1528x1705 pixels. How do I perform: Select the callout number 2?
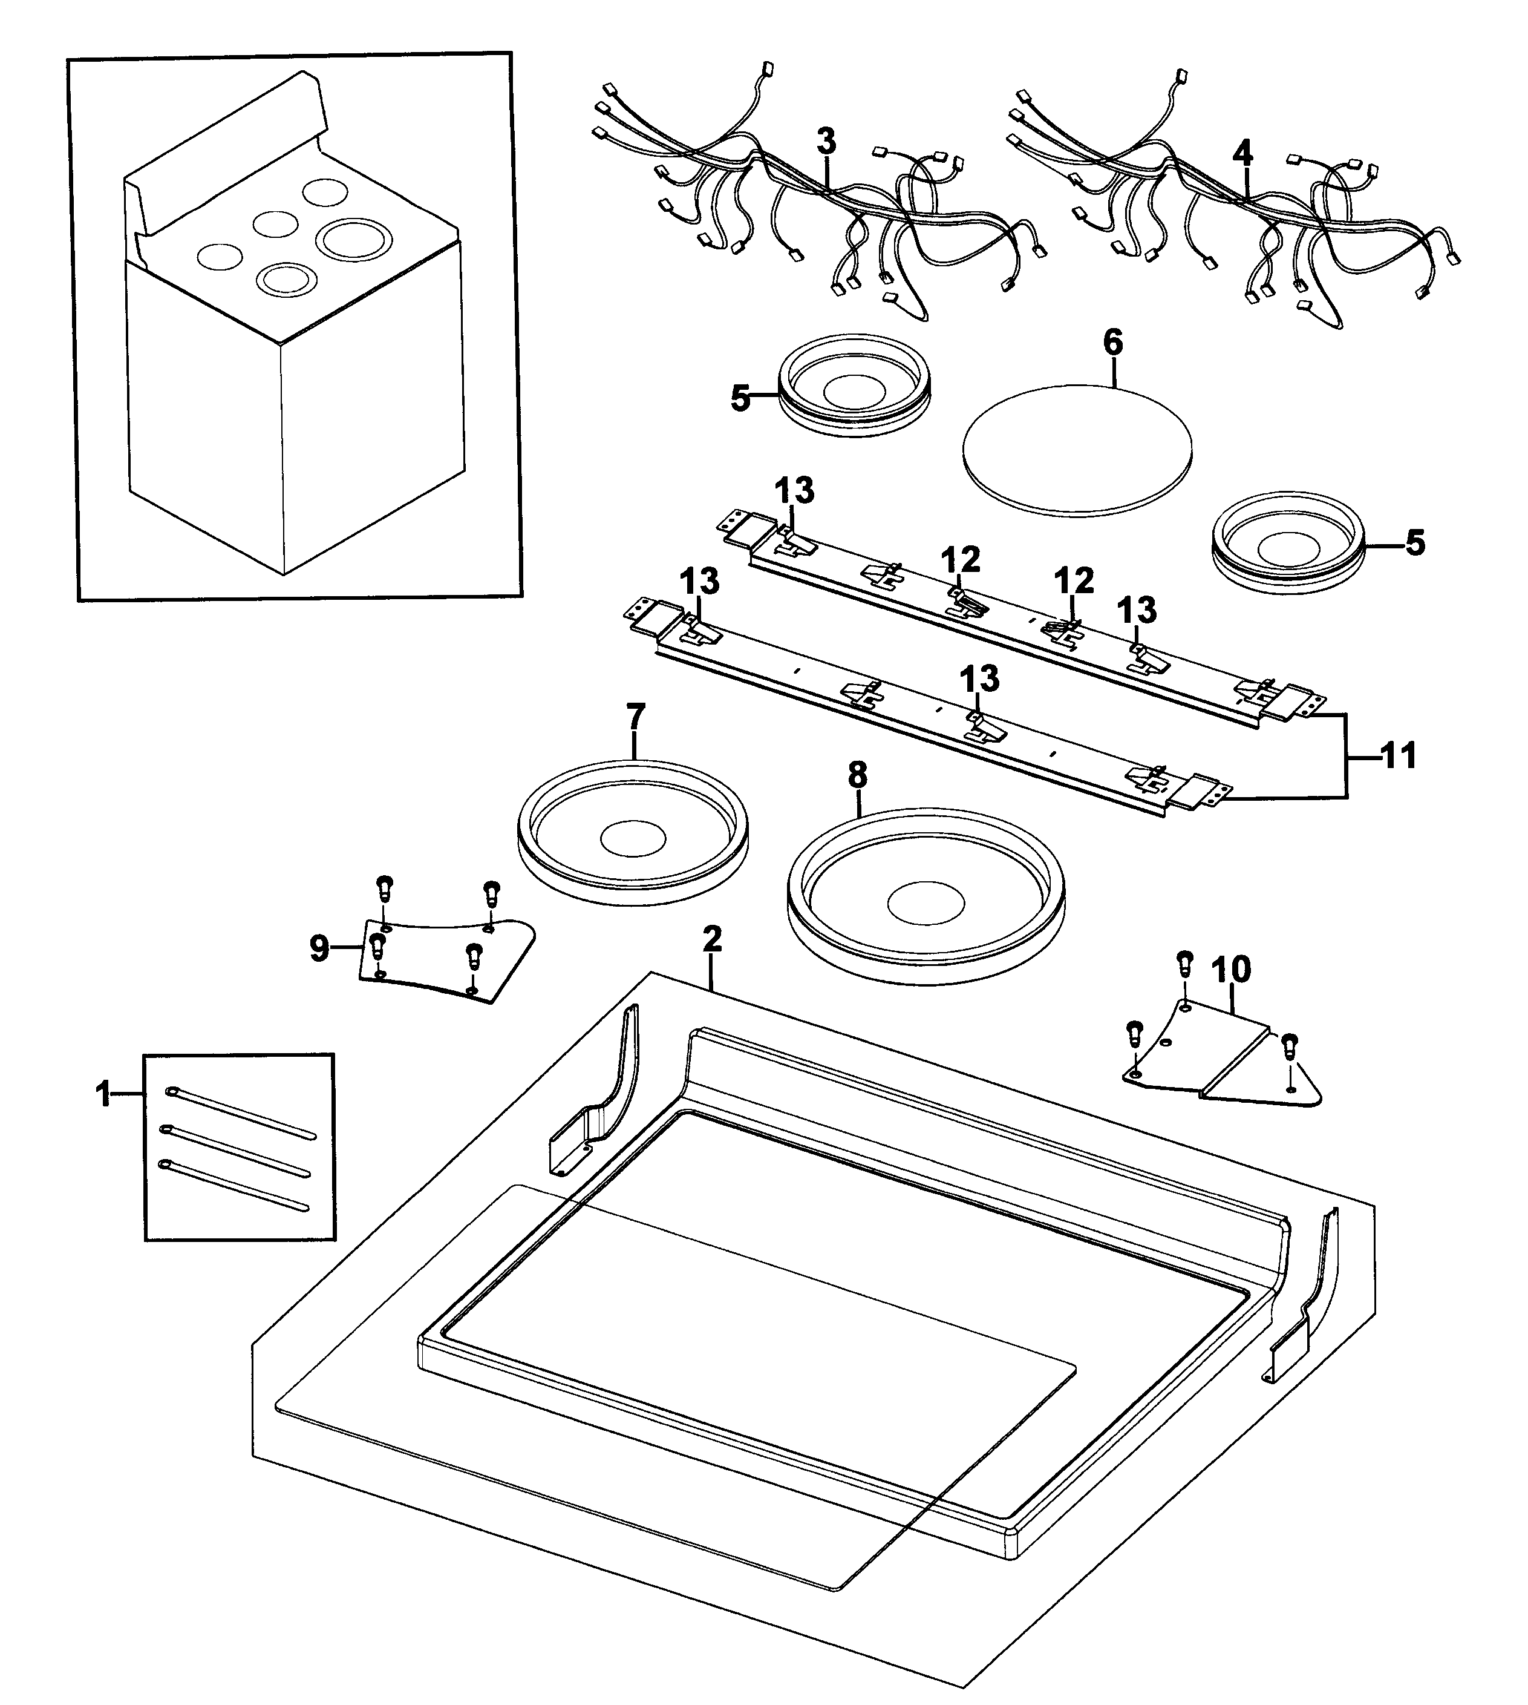712,939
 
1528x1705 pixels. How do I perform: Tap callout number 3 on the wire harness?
826,141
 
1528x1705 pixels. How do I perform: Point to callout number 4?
1242,153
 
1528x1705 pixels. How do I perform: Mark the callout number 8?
857,775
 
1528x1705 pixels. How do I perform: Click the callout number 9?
319,950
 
